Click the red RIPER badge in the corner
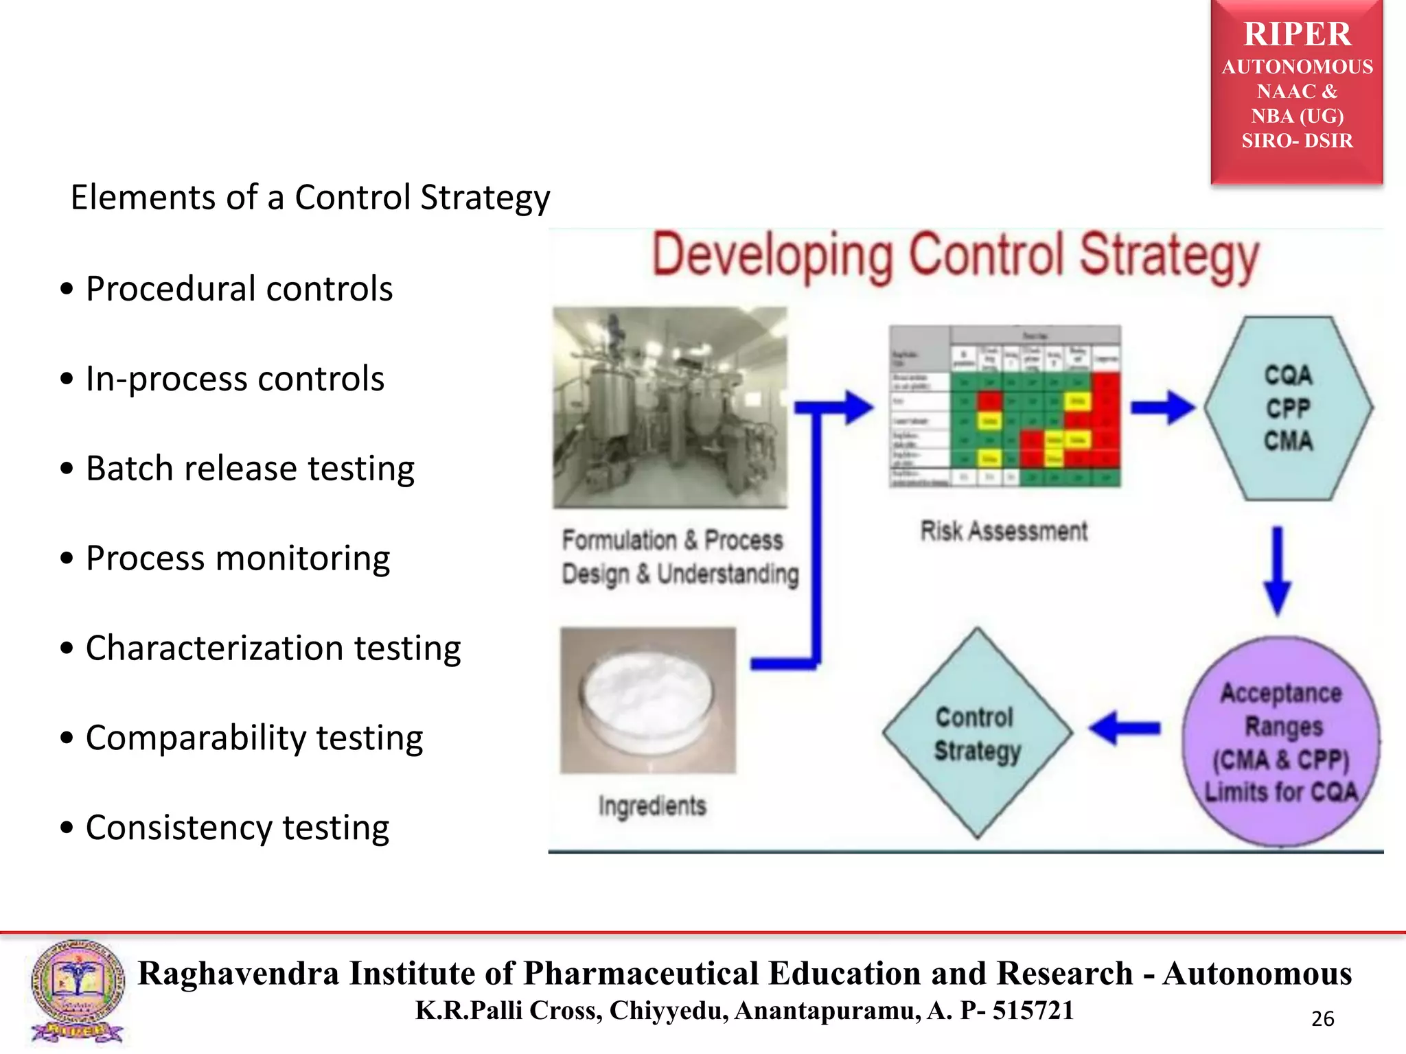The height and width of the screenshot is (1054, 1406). (x=1296, y=91)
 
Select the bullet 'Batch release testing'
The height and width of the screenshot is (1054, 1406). (x=249, y=469)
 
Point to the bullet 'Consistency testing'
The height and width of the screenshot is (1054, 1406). (x=237, y=828)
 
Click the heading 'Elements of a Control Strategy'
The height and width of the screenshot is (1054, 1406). (x=310, y=198)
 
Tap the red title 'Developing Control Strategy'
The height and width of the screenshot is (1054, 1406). (x=955, y=257)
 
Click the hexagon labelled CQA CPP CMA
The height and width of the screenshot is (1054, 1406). (x=1288, y=408)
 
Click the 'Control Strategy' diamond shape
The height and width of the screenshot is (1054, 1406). (x=977, y=734)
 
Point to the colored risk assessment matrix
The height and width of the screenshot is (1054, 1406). (x=1004, y=406)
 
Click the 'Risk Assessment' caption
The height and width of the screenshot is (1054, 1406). (x=1004, y=531)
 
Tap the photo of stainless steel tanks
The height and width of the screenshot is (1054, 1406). (x=670, y=407)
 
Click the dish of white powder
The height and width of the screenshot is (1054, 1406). (x=647, y=700)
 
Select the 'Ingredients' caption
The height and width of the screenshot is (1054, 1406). (x=652, y=806)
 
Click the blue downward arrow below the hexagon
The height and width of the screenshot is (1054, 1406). (x=1277, y=570)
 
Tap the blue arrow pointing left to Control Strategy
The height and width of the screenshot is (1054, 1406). (x=1124, y=727)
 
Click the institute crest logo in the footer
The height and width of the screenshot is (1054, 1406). (x=77, y=991)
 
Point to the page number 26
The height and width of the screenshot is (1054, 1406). (x=1322, y=1019)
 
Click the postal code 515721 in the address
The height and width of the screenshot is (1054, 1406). (x=1033, y=1011)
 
